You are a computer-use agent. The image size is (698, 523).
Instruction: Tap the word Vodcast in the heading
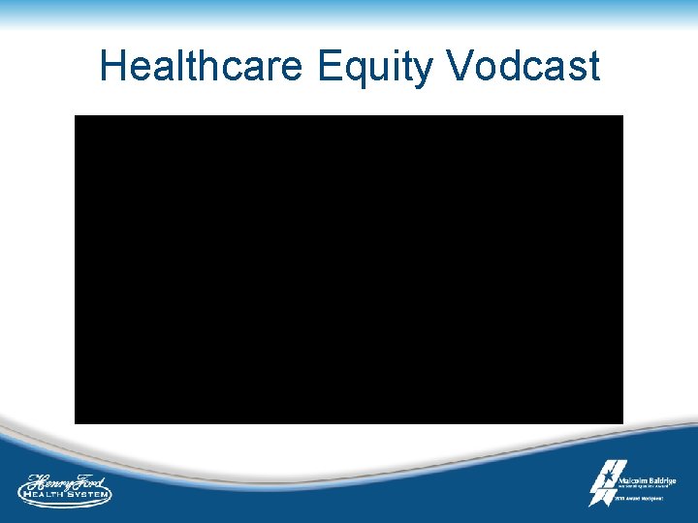pyautogui.click(x=524, y=67)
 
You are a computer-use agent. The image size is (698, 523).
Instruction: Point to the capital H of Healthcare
pyautogui.click(x=112, y=67)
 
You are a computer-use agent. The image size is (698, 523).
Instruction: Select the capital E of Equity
pyautogui.click(x=330, y=67)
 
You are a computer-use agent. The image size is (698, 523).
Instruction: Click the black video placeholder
pyautogui.click(x=349, y=269)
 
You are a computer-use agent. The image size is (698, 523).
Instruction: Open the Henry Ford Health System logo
pyautogui.click(x=65, y=490)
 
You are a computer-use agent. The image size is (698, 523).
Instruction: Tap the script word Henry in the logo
pyautogui.click(x=49, y=480)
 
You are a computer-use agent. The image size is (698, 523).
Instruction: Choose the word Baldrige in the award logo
pyautogui.click(x=660, y=480)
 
